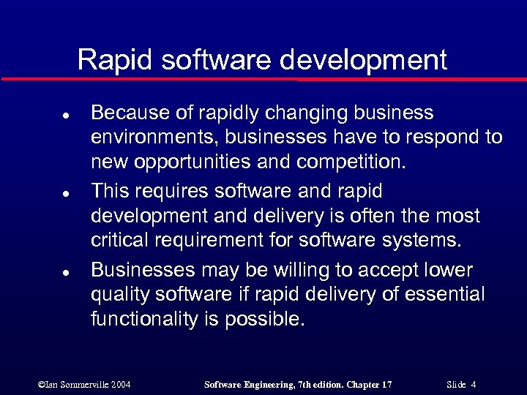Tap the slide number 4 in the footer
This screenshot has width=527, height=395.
coord(474,384)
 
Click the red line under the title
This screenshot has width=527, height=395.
coord(263,78)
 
